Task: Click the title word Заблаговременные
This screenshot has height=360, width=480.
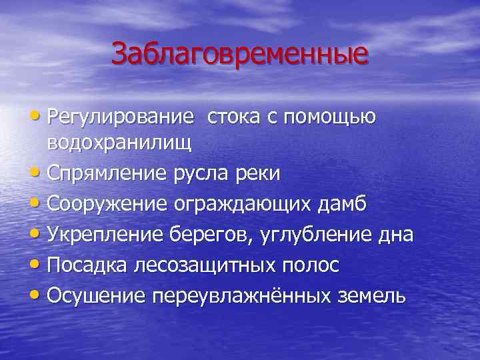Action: [x=239, y=54]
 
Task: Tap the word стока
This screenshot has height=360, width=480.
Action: [x=233, y=117]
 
